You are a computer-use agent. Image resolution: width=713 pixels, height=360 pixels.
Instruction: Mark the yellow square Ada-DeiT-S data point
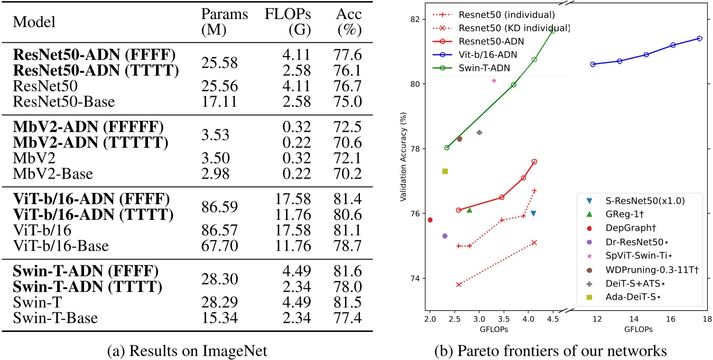445,171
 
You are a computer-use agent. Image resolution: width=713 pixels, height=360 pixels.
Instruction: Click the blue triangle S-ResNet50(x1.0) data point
533,213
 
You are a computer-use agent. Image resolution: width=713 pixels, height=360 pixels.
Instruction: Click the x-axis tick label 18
707,319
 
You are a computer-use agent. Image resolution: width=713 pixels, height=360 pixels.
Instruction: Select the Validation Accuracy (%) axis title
403,156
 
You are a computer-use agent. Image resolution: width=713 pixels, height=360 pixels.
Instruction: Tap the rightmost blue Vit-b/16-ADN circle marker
699,38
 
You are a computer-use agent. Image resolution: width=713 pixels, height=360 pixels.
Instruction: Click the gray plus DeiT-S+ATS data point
479,132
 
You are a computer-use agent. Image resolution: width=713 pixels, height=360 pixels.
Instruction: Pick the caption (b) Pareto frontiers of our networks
553,349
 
